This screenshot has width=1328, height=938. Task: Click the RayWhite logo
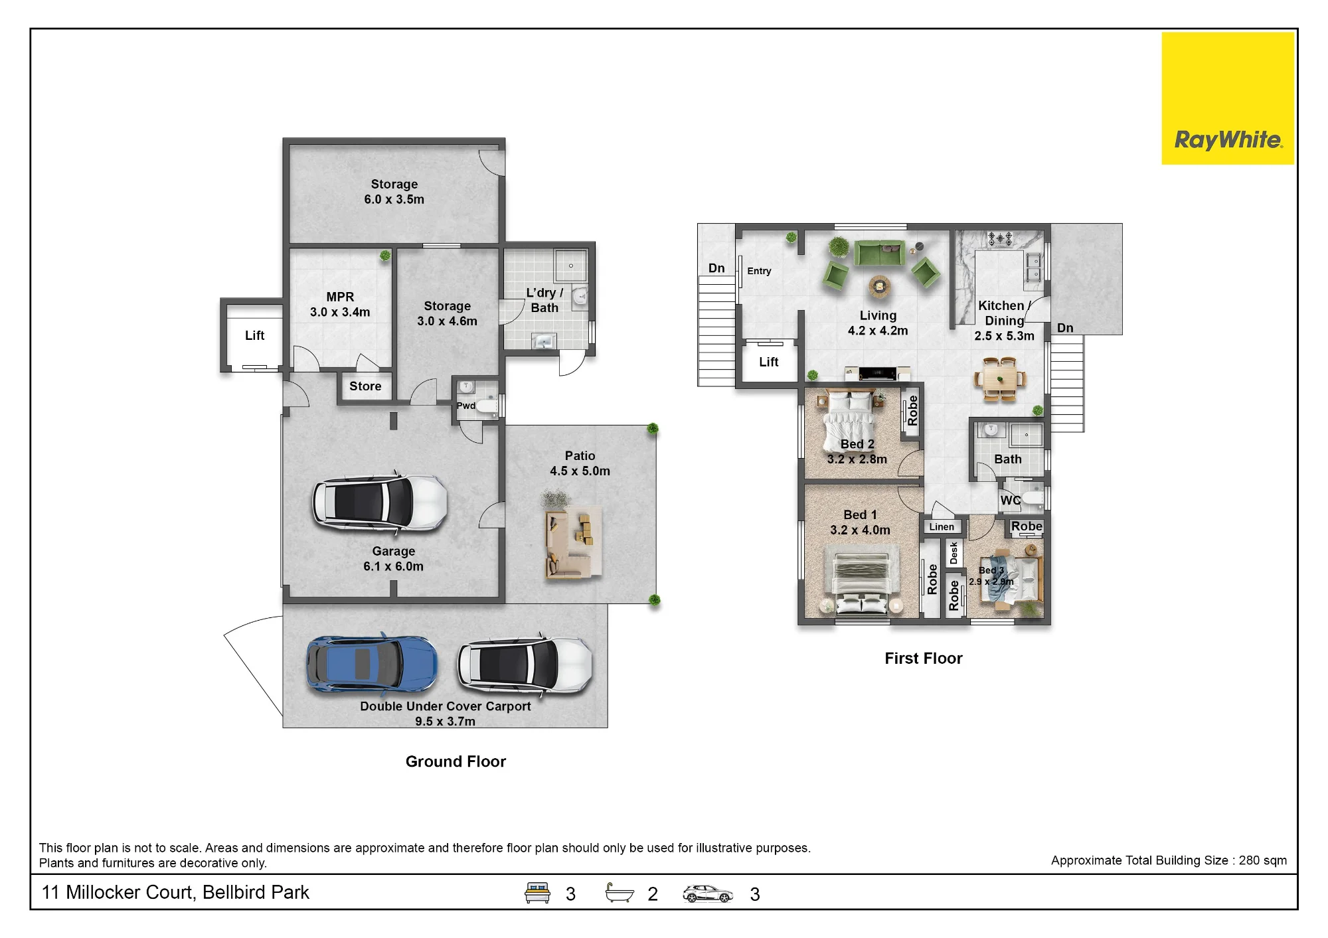pyautogui.click(x=1228, y=98)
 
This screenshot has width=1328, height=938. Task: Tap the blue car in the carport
pyautogui.click(x=372, y=664)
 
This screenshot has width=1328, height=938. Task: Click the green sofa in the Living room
pyautogui.click(x=879, y=253)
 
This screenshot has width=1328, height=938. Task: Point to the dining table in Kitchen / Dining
pyautogui.click(x=1000, y=380)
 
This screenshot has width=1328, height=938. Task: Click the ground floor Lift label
pyautogui.click(x=254, y=336)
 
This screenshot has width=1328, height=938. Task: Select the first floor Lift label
pyautogui.click(x=769, y=362)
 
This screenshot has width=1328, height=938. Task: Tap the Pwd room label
pyautogui.click(x=466, y=406)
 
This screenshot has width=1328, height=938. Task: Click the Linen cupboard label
pyautogui.click(x=942, y=527)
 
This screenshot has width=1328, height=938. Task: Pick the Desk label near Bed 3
pyautogui.click(x=954, y=553)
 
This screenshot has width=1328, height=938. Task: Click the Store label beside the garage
pyautogui.click(x=365, y=386)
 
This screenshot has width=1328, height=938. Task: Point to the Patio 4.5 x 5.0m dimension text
pyautogui.click(x=580, y=471)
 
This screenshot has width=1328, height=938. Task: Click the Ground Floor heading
pyautogui.click(x=456, y=761)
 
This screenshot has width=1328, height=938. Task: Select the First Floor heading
pyautogui.click(x=923, y=659)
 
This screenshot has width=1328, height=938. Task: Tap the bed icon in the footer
pyautogui.click(x=537, y=893)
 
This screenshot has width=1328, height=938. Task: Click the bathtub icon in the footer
pyautogui.click(x=620, y=893)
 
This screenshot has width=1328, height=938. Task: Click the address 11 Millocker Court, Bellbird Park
pyautogui.click(x=175, y=893)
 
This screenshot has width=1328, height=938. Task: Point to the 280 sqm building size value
pyautogui.click(x=1262, y=860)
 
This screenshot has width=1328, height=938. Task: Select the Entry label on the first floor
pyautogui.click(x=759, y=271)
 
